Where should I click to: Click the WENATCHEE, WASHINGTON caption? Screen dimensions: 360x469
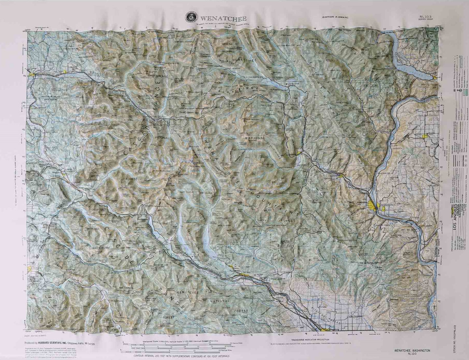pos(412,351)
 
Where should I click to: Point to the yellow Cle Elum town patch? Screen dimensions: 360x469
pos(244,276)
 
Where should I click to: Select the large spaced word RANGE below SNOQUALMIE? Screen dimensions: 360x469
pos(157,97)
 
